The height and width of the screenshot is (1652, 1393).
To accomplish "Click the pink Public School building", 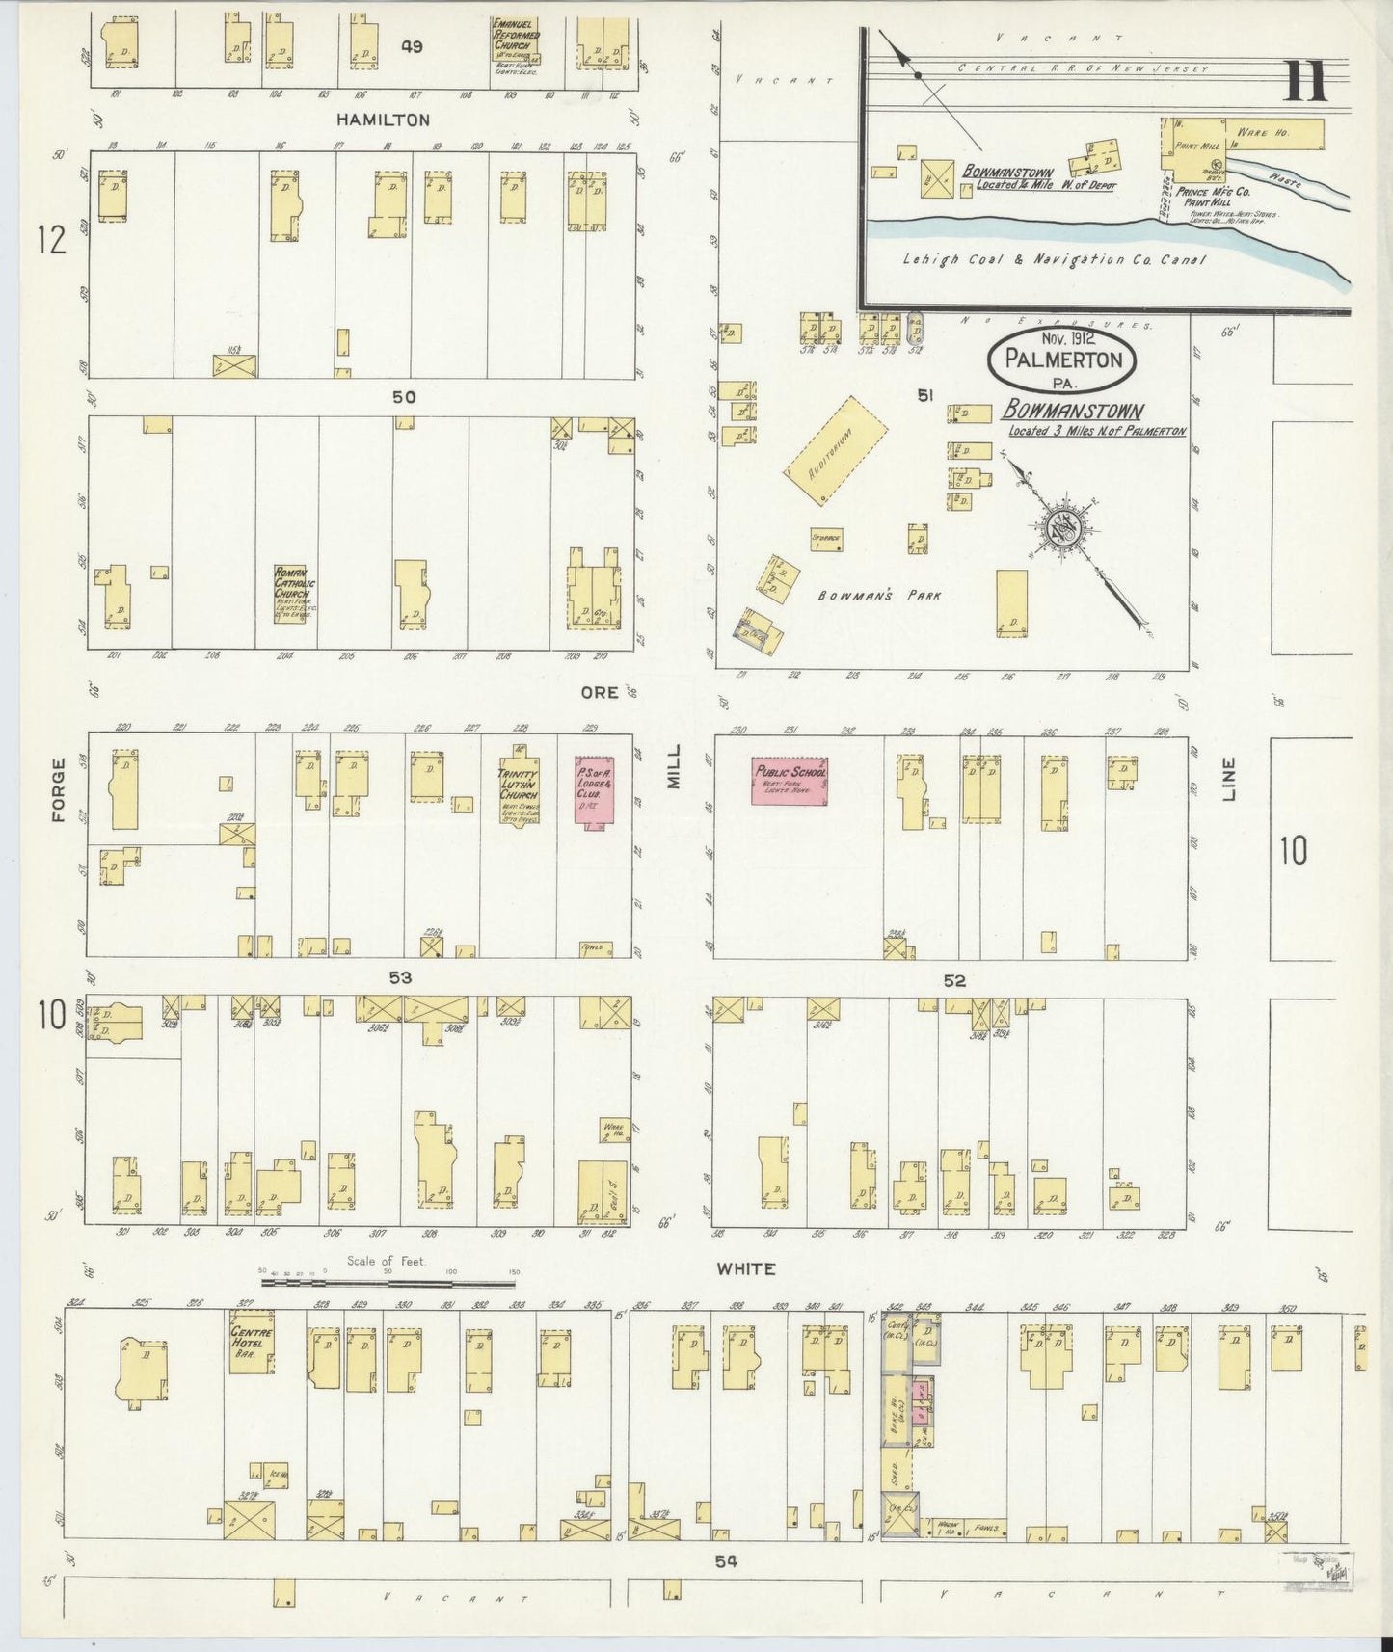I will tap(790, 781).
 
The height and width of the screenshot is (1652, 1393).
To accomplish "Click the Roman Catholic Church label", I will tap(289, 594).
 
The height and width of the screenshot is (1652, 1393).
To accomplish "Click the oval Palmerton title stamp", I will tap(1061, 360).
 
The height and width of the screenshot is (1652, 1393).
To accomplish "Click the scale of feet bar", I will tap(390, 1283).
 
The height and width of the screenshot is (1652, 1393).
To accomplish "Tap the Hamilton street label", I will tap(383, 120).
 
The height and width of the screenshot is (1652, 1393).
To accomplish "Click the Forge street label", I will tap(59, 789).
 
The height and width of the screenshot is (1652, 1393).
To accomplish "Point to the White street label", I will tap(746, 1268).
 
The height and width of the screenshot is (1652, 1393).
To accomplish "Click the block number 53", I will tap(400, 977).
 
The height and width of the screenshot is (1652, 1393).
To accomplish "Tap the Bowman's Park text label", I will tap(879, 596).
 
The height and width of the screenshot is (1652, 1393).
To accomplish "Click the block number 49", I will tap(413, 46).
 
